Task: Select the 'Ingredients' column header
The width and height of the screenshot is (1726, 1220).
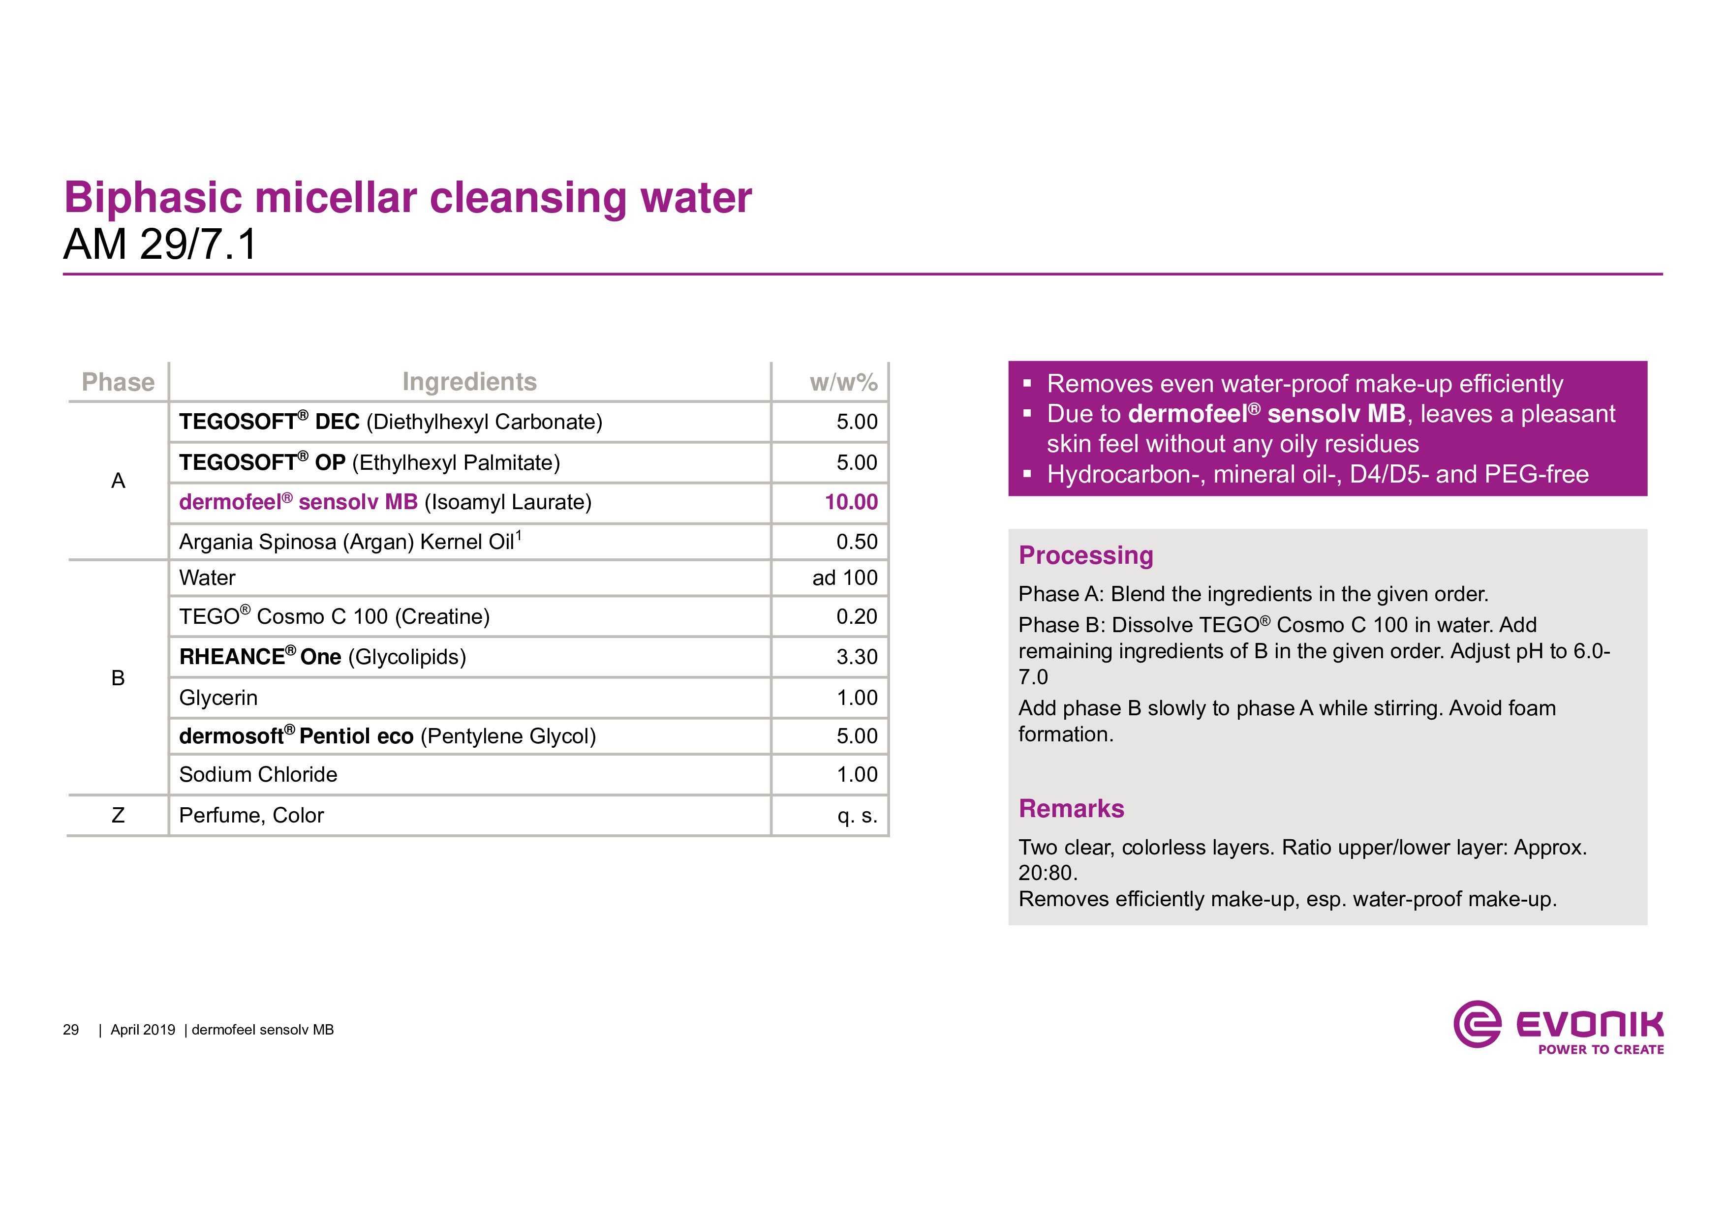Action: click(469, 382)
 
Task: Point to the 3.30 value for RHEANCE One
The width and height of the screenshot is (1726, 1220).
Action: click(856, 657)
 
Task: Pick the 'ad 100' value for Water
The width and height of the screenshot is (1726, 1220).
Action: click(844, 578)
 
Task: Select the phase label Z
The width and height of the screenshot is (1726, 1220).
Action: click(118, 815)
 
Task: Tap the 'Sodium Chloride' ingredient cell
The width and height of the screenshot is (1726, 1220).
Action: click(258, 774)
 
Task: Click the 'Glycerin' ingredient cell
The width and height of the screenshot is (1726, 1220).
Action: click(218, 698)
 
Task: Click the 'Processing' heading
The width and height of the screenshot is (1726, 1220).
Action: click(1085, 555)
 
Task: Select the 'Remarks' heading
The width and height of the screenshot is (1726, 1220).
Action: click(1071, 808)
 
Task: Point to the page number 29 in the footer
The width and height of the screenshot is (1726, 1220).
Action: click(71, 1030)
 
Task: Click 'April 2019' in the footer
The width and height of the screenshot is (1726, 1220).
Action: click(143, 1030)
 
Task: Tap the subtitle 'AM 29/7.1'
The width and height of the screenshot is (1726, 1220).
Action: click(160, 244)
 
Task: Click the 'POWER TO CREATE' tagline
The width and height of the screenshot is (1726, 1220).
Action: click(1601, 1049)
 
